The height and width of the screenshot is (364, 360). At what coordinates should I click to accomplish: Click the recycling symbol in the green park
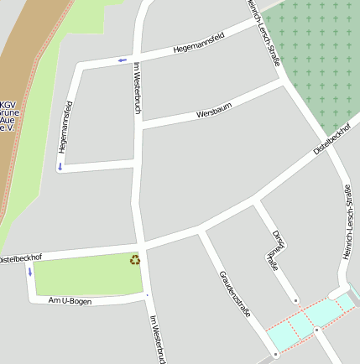click(135, 259)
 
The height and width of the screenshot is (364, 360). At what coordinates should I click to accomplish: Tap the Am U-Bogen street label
click(70, 299)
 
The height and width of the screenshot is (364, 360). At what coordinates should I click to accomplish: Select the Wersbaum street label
click(213, 110)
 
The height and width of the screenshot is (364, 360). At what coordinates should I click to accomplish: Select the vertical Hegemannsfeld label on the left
click(65, 127)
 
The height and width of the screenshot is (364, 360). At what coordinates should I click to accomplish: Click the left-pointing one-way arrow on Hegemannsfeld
click(123, 60)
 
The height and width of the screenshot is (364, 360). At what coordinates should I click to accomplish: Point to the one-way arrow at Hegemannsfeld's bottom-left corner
click(60, 166)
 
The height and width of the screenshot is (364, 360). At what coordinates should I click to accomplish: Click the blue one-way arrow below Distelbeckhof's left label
click(30, 271)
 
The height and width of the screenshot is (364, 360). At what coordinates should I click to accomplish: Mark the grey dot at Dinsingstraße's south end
click(296, 299)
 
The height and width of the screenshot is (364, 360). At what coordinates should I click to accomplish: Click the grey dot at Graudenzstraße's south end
click(275, 355)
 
